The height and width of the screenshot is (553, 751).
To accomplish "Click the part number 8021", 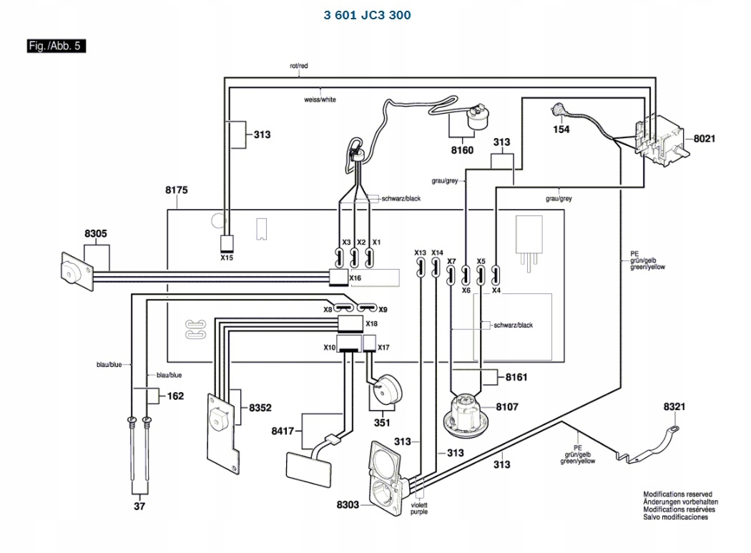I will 704,139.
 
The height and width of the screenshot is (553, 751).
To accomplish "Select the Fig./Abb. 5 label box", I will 57,47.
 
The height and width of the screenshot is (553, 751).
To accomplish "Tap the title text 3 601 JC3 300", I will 367,15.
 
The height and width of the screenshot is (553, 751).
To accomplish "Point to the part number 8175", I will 176,190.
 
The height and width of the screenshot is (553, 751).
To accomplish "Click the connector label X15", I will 227,258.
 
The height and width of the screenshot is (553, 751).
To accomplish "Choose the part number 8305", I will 95,234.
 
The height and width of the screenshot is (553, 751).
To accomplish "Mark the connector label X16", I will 355,277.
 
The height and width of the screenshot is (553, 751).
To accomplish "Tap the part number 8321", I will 674,406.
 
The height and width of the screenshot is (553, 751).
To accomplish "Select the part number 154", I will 561,129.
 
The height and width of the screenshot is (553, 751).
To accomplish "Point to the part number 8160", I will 462,151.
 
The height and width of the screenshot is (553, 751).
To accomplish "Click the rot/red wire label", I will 298,66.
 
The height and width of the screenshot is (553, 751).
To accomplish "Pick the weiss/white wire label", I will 320,99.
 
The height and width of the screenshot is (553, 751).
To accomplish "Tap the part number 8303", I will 348,505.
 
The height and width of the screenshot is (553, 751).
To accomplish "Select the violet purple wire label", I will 419,509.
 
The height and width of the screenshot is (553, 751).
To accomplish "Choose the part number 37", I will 139,506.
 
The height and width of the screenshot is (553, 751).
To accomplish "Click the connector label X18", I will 371,324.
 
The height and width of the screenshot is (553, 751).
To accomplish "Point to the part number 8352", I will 260,408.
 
